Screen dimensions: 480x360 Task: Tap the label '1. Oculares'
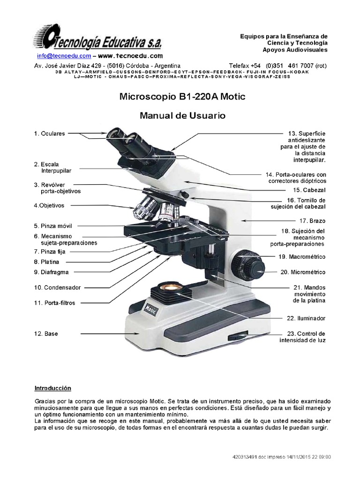(49, 134)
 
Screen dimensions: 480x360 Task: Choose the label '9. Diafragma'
(51, 272)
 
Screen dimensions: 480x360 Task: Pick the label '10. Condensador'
(57, 287)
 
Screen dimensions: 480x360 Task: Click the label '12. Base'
(45, 334)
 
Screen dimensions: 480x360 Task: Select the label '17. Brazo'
(313, 220)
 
